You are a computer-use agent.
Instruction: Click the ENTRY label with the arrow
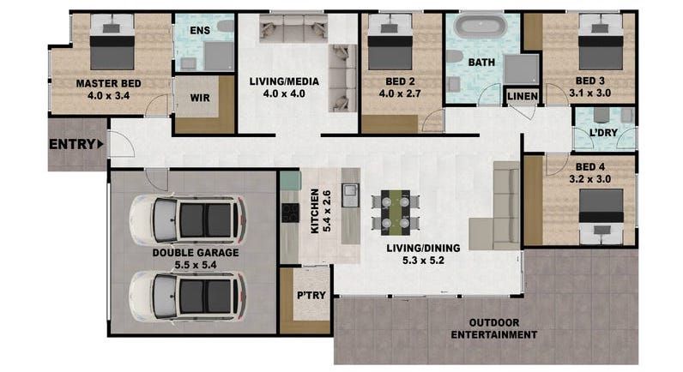pos(76,144)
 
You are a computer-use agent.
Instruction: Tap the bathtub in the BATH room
pos(480,26)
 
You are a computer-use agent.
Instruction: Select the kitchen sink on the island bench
pos(350,195)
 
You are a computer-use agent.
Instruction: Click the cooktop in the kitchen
pos(290,213)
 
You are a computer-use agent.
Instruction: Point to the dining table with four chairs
pos(396,213)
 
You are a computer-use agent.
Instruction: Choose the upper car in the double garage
pos(187,219)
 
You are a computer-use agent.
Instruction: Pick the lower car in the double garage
pos(187,297)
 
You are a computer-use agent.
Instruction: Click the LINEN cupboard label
pos(523,96)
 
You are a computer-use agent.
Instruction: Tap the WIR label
pos(200,98)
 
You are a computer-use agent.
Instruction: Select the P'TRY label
pos(311,296)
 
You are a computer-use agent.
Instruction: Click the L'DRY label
pos(603,132)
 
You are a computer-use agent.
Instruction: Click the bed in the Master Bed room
pos(112,42)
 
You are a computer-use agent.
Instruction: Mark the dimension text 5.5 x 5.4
pos(196,265)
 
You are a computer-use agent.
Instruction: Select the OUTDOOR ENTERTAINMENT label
pos(494,329)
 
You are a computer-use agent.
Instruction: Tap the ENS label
pos(200,31)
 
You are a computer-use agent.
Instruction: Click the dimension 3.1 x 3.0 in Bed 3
pos(589,93)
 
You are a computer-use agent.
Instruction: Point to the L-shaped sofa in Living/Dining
pos(495,206)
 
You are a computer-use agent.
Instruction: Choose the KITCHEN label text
pos(315,212)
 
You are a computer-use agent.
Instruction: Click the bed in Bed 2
pos(390,42)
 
